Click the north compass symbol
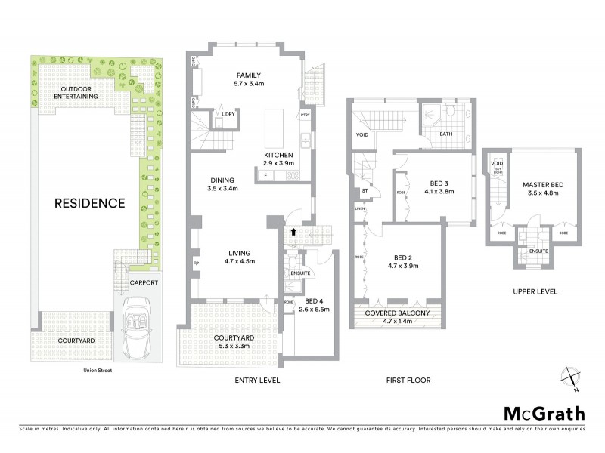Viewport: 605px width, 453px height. click(x=570, y=379)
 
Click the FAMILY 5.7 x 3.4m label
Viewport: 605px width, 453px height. click(x=249, y=81)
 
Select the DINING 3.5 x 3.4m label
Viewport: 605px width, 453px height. click(x=222, y=184)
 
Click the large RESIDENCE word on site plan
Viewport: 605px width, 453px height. click(x=88, y=203)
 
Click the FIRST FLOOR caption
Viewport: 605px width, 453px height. click(x=408, y=381)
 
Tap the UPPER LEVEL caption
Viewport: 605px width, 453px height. click(x=536, y=291)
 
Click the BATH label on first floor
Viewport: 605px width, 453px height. click(x=446, y=135)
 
